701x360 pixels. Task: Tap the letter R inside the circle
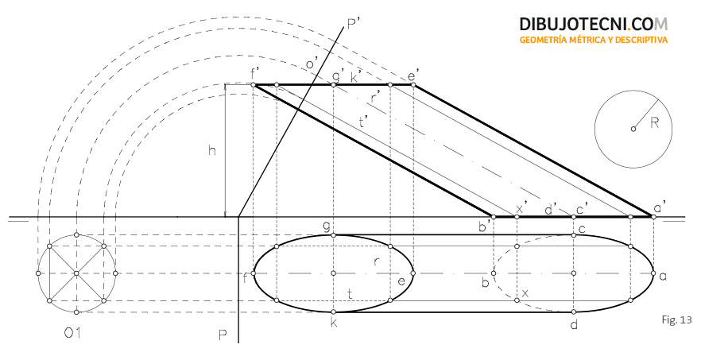655,123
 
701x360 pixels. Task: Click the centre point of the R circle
633,129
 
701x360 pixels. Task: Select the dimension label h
212,150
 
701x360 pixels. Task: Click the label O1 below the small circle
72,333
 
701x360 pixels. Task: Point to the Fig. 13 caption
676,319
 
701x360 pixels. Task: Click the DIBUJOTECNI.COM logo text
594,24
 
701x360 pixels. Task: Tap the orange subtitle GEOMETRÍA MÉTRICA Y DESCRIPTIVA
594,40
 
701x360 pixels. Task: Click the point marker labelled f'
254,84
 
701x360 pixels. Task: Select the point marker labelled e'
413,84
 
